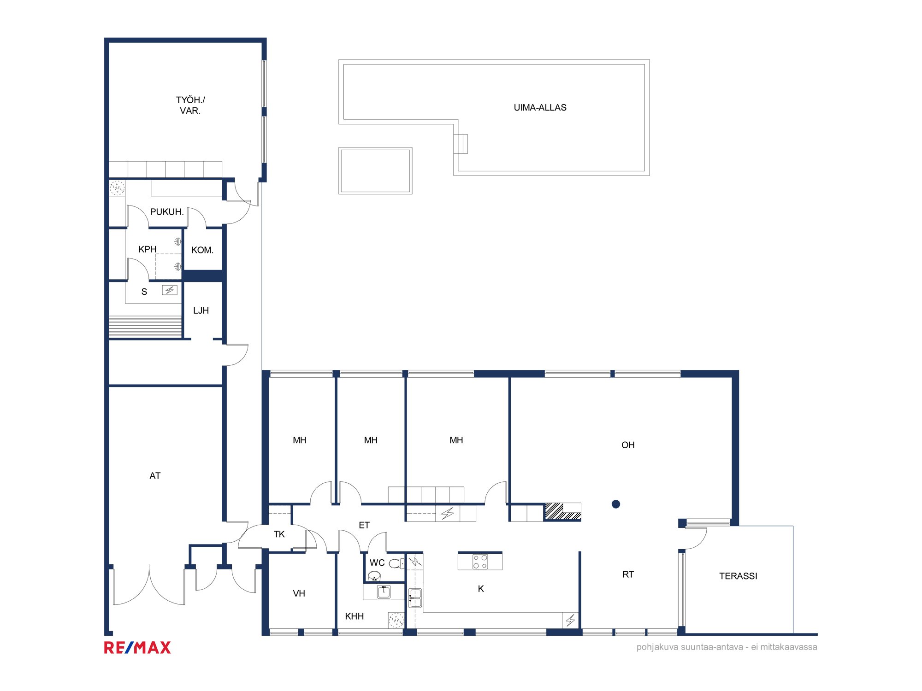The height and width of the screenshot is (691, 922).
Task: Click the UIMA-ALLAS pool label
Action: point(540,107)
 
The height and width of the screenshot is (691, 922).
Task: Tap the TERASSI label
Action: point(738,576)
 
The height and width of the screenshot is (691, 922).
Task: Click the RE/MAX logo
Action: point(137,648)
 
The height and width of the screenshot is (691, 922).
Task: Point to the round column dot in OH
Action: point(616,504)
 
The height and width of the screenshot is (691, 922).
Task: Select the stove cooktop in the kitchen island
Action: point(480,562)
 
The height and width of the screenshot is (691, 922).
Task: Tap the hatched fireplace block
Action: point(562,511)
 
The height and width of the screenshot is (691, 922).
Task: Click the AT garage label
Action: point(155,476)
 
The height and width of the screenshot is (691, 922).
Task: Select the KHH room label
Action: point(355,616)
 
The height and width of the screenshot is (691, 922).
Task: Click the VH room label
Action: point(299,593)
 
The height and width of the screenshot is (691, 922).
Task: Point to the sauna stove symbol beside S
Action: point(170,290)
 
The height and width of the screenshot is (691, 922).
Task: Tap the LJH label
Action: point(201,310)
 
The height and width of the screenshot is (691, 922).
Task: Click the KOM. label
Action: point(202,250)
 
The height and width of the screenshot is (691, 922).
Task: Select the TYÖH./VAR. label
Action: point(190,105)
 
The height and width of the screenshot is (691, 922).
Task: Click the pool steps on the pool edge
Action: point(461,144)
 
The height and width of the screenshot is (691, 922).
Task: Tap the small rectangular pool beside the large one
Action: point(375,171)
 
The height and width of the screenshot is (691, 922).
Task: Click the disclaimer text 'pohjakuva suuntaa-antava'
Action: point(690,647)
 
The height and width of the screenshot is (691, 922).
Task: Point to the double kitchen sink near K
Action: point(415,598)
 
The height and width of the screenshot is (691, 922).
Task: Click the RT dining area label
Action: point(628,574)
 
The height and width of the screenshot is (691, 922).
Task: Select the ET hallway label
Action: point(364,525)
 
